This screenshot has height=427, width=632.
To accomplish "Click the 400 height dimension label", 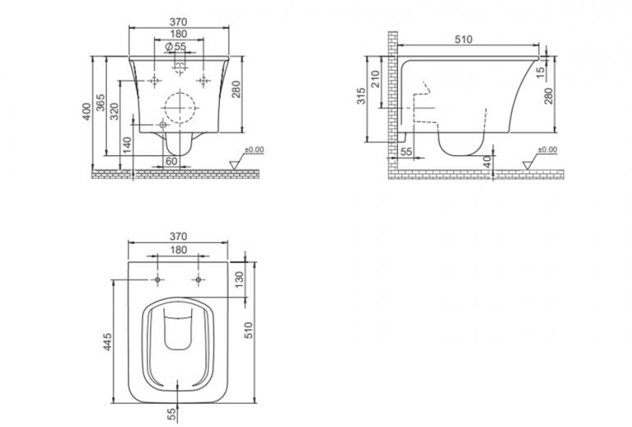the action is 87,112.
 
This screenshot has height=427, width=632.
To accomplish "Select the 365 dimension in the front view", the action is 100,103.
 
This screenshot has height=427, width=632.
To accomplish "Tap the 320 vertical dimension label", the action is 114,112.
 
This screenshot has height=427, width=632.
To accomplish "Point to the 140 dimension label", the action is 127,145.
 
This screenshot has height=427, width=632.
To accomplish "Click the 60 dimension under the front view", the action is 172,161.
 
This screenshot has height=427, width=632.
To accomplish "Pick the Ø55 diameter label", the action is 176,46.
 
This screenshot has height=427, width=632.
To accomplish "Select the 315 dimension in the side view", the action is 361,96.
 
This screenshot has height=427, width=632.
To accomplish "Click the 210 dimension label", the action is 375,79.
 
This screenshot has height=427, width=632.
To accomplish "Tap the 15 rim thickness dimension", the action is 541,71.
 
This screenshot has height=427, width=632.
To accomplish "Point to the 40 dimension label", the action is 488,162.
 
